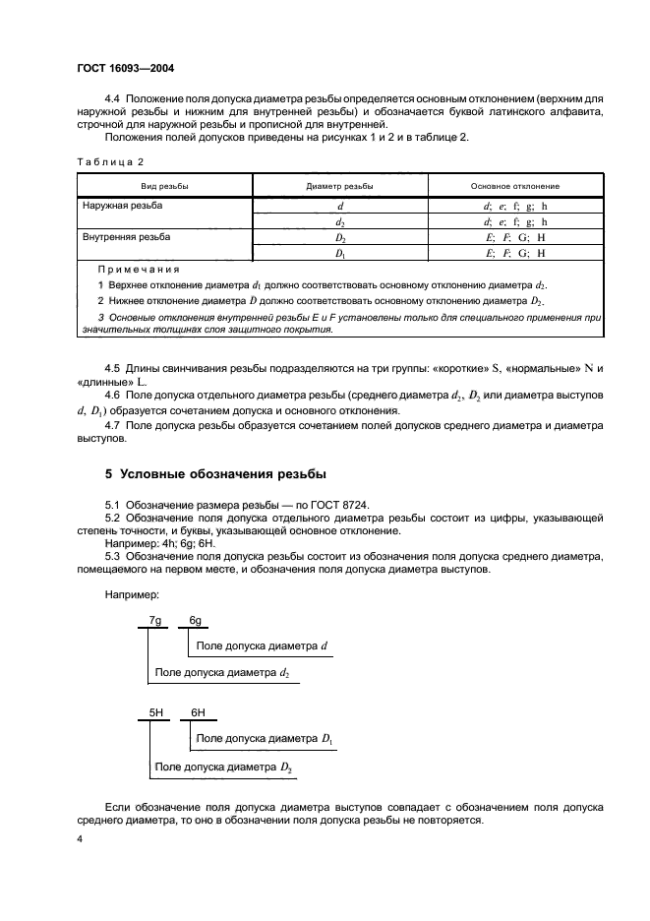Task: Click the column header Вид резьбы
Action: [x=164, y=186]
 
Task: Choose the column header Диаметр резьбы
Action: [x=339, y=186]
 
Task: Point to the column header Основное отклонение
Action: [x=514, y=186]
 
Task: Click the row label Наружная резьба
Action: [x=123, y=206]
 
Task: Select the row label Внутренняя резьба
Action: [x=126, y=238]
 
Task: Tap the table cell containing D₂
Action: [x=340, y=238]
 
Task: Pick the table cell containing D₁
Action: [x=340, y=254]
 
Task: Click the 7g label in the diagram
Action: [x=154, y=621]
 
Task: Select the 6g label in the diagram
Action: [x=196, y=621]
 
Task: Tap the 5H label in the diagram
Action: [x=155, y=710]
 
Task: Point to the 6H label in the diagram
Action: [x=197, y=710]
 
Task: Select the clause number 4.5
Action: [x=113, y=368]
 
